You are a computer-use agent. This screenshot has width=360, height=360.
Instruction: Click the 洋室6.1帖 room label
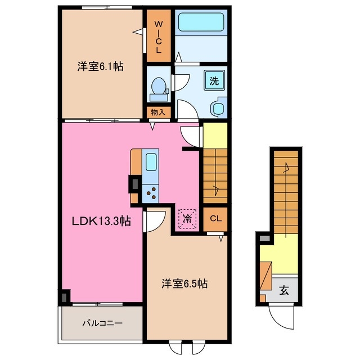coord(100,66)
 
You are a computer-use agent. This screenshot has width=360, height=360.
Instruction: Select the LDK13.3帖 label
coord(100,222)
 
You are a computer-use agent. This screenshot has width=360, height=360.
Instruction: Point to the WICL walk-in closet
coord(158,37)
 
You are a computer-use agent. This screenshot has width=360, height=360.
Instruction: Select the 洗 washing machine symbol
coord(214,79)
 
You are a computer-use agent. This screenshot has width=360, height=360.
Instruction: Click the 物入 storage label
coord(158,112)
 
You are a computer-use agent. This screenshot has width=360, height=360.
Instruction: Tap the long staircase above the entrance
coord(286,191)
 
